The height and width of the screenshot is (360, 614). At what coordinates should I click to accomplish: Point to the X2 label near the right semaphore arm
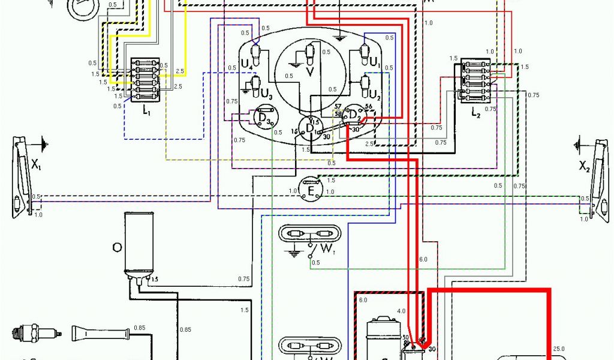(584, 166)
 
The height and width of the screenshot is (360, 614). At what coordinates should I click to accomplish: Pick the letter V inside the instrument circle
(310, 73)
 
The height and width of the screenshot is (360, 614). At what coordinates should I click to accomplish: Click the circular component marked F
(311, 190)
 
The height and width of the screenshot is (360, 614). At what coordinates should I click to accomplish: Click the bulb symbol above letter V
(310, 54)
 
